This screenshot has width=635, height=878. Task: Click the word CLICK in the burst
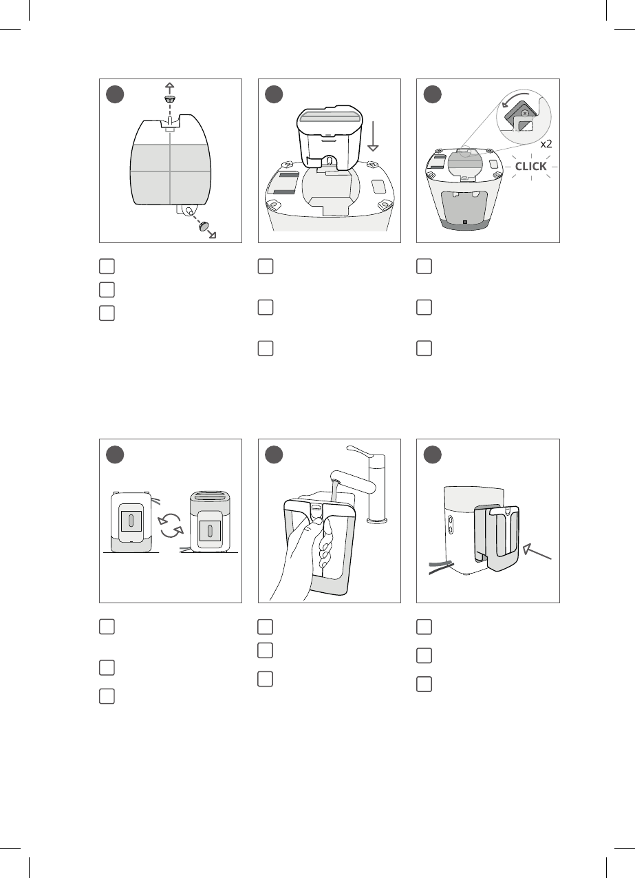click(x=530, y=166)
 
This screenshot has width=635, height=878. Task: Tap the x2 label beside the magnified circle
click(x=546, y=144)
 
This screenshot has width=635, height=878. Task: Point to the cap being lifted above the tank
click(x=169, y=98)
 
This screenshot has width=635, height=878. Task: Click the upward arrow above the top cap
click(x=169, y=88)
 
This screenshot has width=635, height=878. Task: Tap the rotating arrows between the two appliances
click(x=171, y=525)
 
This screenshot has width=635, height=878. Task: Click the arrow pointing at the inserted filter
click(x=537, y=551)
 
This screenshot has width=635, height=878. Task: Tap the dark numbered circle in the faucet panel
click(x=274, y=454)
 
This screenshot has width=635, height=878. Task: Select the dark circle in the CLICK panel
click(x=433, y=94)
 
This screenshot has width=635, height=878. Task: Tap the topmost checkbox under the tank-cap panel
click(x=107, y=266)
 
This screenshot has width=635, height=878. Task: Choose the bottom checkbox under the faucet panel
click(x=265, y=679)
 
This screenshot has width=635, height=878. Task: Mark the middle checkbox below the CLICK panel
click(x=424, y=307)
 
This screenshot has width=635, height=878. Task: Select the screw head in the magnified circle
click(x=526, y=113)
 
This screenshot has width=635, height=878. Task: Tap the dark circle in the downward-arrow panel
click(x=274, y=94)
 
